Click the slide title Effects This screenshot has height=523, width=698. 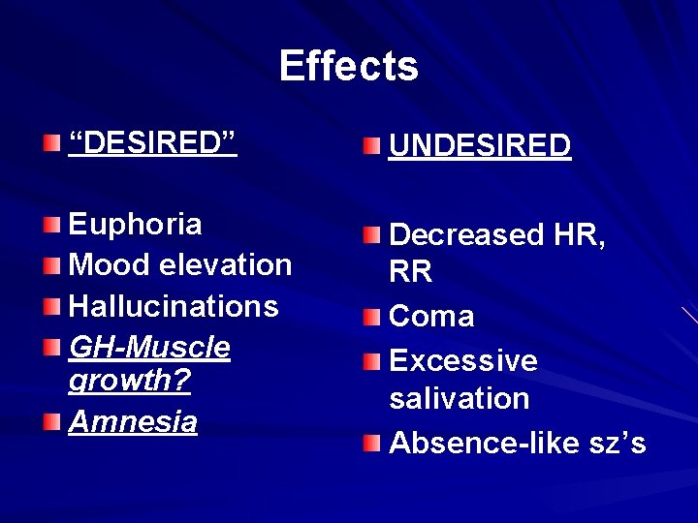(x=349, y=66)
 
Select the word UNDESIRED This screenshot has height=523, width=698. (x=480, y=146)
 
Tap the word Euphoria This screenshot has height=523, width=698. (x=135, y=224)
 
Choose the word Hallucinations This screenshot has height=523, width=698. (x=174, y=306)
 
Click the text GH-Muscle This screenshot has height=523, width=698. (x=149, y=347)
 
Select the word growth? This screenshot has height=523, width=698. (x=130, y=381)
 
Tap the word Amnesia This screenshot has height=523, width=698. (x=132, y=421)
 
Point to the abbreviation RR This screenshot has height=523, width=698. (x=411, y=273)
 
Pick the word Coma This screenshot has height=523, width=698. (x=431, y=316)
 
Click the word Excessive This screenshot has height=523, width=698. (x=463, y=360)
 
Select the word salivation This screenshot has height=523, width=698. (x=460, y=398)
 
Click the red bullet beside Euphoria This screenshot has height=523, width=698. (x=52, y=226)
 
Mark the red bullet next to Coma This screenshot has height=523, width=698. (x=372, y=317)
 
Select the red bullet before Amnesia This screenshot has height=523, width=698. (x=52, y=422)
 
